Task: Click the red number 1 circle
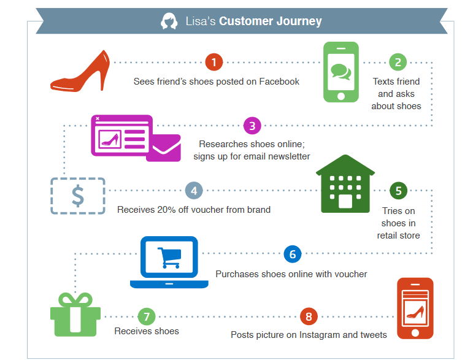pyautogui.click(x=214, y=62)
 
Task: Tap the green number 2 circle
pyautogui.click(x=398, y=62)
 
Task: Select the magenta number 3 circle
pyautogui.click(x=252, y=126)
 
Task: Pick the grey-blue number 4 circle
pyautogui.click(x=194, y=191)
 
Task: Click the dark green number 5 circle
pyautogui.click(x=398, y=191)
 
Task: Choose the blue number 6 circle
pyautogui.click(x=292, y=254)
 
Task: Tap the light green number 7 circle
pyautogui.click(x=147, y=316)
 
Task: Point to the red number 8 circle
pyautogui.click(x=309, y=316)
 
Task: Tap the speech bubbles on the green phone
pyautogui.click(x=341, y=72)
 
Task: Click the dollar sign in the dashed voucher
pyautogui.click(x=78, y=196)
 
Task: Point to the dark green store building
pyautogui.click(x=345, y=183)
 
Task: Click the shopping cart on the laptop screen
pyautogui.click(x=169, y=258)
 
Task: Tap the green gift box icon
pyautogui.click(x=75, y=315)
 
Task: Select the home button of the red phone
pyautogui.click(x=415, y=332)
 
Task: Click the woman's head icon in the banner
pyautogui.click(x=169, y=21)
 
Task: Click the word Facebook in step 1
pyautogui.click(x=279, y=82)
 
